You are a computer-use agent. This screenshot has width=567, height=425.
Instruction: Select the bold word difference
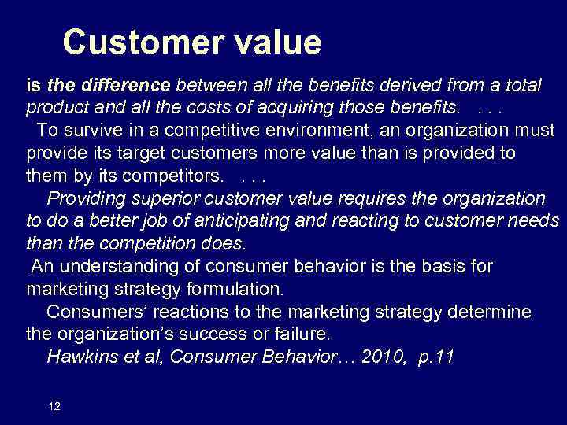(126, 84)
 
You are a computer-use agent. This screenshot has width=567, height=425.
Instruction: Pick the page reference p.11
(435, 357)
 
